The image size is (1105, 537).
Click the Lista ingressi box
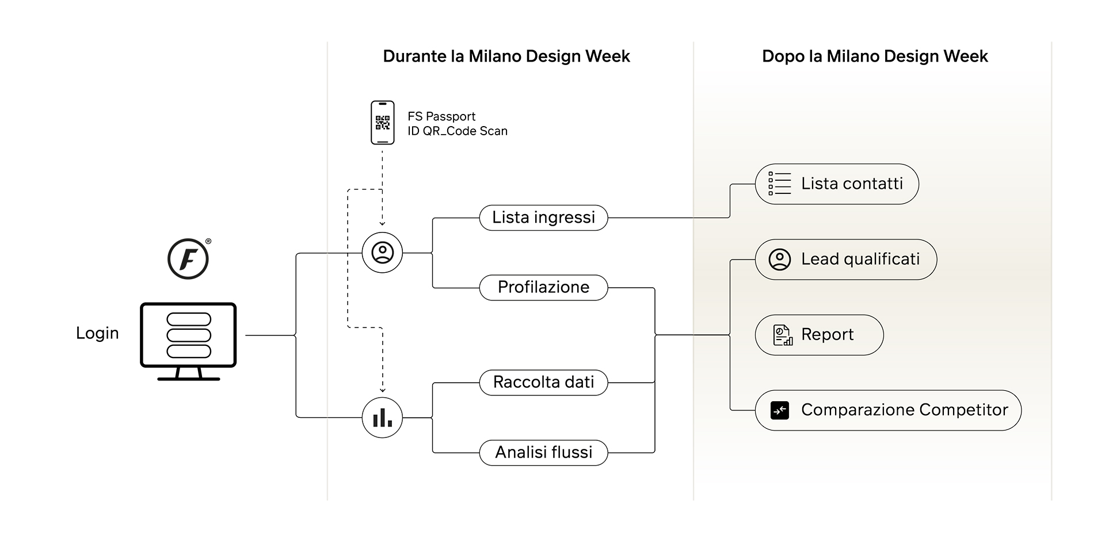(x=543, y=218)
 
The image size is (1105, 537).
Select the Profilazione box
(x=543, y=287)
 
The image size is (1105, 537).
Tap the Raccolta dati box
(x=543, y=382)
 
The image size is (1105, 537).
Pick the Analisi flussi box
(x=543, y=452)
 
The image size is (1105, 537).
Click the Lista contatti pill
(x=837, y=184)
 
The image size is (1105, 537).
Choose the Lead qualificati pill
(x=846, y=260)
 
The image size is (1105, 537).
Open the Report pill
(x=819, y=335)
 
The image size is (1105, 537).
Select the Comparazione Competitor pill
(x=888, y=410)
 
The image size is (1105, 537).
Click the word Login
(x=97, y=333)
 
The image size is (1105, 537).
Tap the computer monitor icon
(x=188, y=341)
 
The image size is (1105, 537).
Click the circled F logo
(x=188, y=259)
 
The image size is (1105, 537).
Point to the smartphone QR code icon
(x=382, y=123)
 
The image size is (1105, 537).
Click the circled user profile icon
(x=382, y=253)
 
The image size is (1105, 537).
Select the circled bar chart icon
(x=382, y=417)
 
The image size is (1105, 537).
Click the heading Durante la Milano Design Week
(x=506, y=56)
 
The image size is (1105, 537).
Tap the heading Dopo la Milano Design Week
(x=875, y=56)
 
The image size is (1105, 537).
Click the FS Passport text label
(x=441, y=116)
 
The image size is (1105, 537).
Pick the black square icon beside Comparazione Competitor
(x=780, y=410)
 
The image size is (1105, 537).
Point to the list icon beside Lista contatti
(x=780, y=184)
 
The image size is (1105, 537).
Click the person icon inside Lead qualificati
(x=780, y=260)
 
